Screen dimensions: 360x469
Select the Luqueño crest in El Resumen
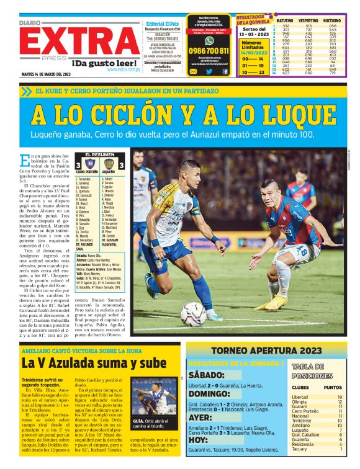pyautogui.click(x=109, y=164)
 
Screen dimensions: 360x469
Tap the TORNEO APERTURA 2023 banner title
pyautogui.click(x=266, y=351)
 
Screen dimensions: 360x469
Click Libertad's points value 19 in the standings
pyautogui.click(x=340, y=396)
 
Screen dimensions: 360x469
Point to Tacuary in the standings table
pyautogui.click(x=300, y=449)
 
